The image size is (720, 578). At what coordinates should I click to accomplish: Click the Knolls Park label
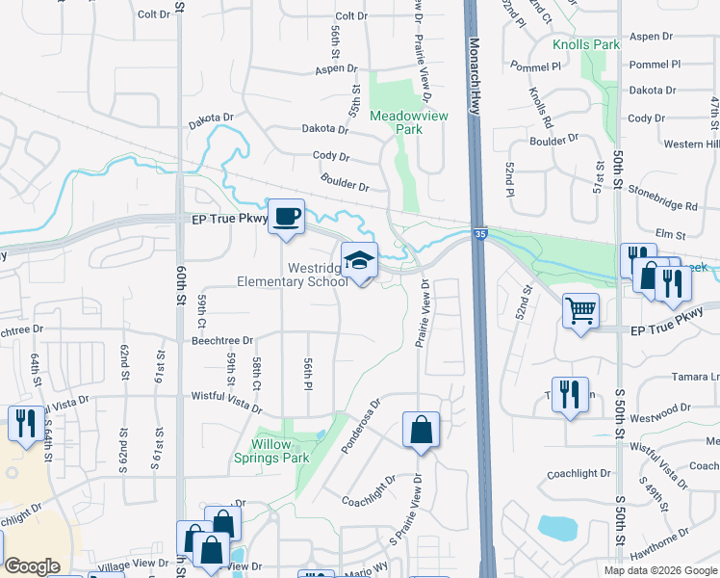pyautogui.click(x=585, y=44)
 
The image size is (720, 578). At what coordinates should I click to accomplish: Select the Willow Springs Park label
pyautogui.click(x=280, y=451)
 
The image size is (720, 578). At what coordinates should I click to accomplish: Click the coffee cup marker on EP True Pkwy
pyautogui.click(x=285, y=215)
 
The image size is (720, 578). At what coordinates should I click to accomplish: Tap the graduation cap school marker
pyautogui.click(x=359, y=260)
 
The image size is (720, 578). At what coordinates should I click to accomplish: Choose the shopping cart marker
pyautogui.click(x=580, y=310)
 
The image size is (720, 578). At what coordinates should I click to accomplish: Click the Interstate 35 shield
pyautogui.click(x=478, y=232)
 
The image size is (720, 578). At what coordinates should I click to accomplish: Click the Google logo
pyautogui.click(x=32, y=566)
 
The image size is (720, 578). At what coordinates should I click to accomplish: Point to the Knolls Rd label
pyautogui.click(x=541, y=108)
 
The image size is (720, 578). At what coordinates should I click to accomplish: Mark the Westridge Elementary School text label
pyautogui.click(x=294, y=275)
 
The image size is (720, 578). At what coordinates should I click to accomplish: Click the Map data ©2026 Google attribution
pyautogui.click(x=660, y=570)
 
